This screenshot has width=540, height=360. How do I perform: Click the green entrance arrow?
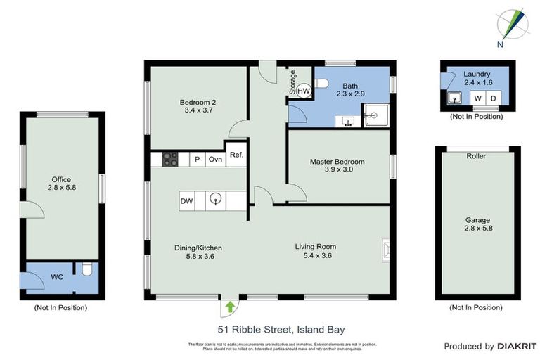point(230,307)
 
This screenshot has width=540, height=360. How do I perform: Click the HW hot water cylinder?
point(303,90)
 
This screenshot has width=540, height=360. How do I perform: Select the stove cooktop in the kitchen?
point(170,159)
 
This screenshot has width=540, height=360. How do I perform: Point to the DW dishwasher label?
point(186,201)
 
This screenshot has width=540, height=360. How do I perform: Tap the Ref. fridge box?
point(236,155)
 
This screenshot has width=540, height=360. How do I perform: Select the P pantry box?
point(197,160)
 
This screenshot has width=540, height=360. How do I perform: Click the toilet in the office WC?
point(87,269)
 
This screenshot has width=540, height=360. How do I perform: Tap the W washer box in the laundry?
point(478,98)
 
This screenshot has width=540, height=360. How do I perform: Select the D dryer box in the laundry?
point(493,98)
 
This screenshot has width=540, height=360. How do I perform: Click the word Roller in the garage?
point(476,156)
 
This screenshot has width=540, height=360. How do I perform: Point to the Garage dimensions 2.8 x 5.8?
point(476,228)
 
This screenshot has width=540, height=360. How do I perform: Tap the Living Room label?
point(315,246)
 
